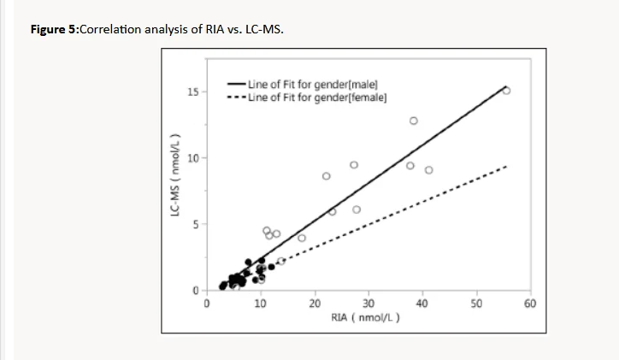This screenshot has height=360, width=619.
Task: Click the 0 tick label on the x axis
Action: (206, 303)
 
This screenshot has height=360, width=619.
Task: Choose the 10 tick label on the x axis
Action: (260, 303)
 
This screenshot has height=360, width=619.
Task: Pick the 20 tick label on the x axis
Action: (315, 303)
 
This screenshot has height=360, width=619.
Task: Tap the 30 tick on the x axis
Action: (368, 303)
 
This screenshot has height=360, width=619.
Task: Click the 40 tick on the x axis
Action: (422, 303)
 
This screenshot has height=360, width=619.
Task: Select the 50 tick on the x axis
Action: (476, 303)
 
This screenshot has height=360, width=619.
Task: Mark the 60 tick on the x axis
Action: (530, 303)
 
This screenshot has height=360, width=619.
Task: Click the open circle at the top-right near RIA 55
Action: (506, 90)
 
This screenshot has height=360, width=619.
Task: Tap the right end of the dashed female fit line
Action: (508, 166)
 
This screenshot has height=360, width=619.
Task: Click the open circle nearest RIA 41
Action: (428, 170)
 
